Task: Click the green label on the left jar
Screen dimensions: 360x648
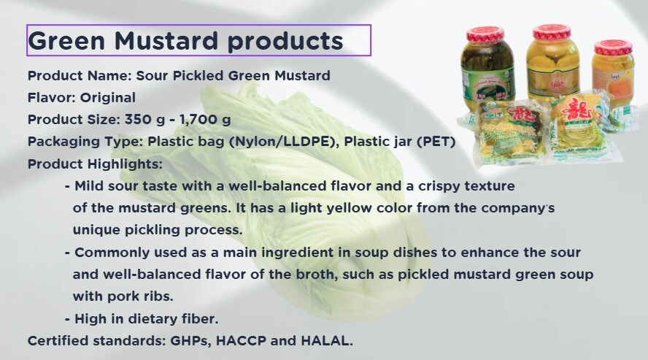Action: tap(487, 80)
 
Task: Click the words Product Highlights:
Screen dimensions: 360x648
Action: tap(95, 164)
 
